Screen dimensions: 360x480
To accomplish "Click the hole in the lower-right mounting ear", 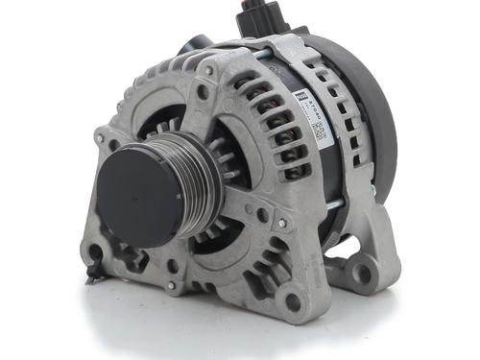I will [363, 275].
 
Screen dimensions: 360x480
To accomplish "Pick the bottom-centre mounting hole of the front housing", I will [292, 301].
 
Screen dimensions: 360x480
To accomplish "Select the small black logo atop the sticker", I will [300, 96].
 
